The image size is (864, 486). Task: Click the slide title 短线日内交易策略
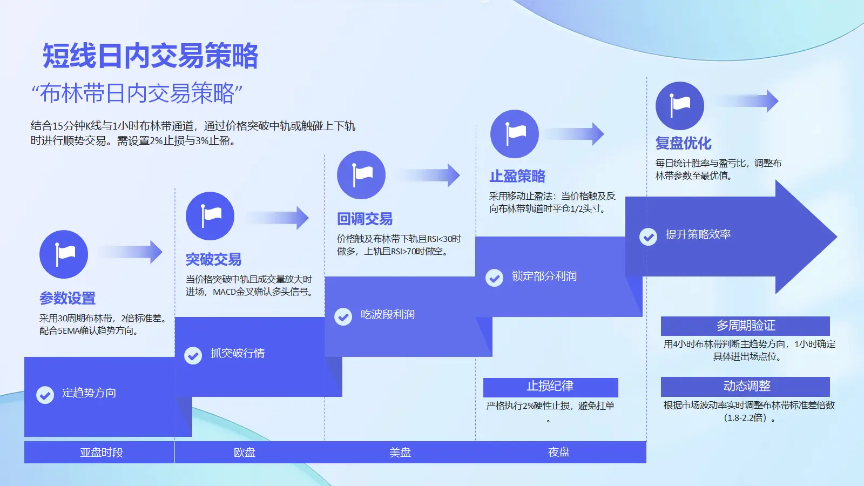coord(150,56)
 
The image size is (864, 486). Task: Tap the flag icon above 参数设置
coord(64,254)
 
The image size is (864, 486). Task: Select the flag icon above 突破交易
coord(210,216)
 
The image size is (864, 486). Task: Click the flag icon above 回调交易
coord(361,175)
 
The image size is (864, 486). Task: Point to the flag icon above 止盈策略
coord(515,134)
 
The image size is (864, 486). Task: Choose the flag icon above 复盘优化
coord(680,106)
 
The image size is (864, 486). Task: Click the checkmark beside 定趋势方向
coord(45,395)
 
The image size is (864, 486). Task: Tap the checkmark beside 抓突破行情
coord(193,355)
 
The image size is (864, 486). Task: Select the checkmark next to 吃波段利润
coord(343,316)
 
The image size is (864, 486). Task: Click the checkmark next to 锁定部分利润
coord(494,278)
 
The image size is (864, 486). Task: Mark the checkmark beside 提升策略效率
coord(648,237)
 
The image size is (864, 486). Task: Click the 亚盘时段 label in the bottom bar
coord(102,453)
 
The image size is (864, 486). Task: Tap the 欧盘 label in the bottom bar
coord(245,453)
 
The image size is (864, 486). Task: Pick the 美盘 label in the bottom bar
coord(400,453)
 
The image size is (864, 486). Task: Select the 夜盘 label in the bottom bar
coord(559,453)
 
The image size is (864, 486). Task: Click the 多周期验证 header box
coord(745,326)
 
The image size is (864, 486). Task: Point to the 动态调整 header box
coord(745,386)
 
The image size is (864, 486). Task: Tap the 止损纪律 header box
coord(550,387)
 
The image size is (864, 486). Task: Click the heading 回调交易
coord(365,219)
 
